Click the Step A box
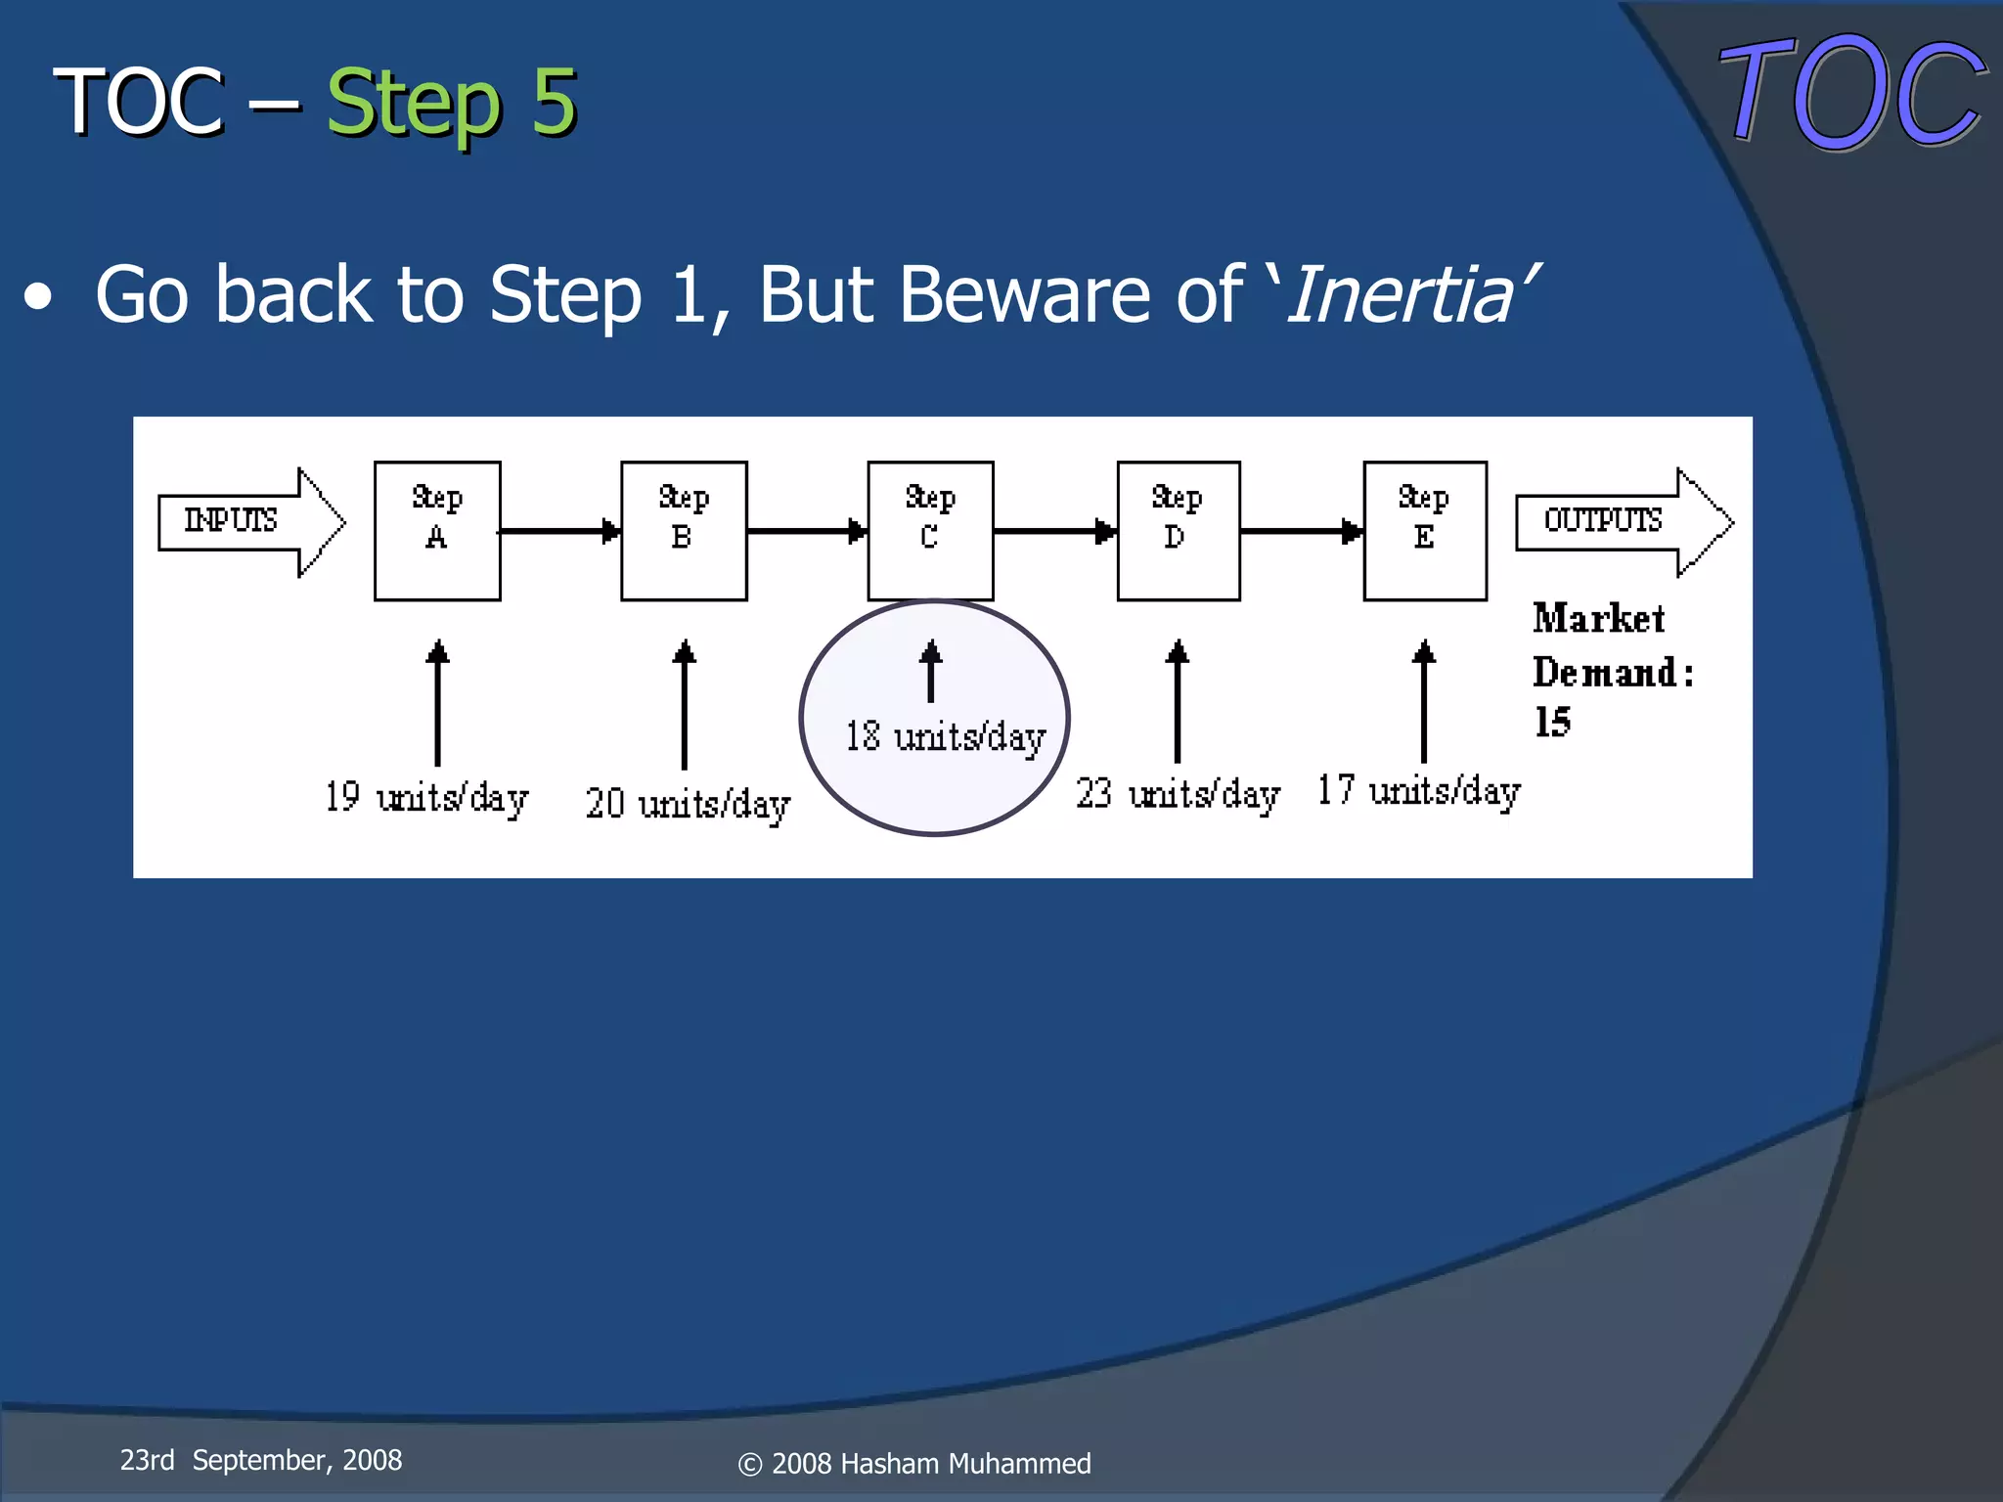(x=437, y=531)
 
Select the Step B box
(x=684, y=531)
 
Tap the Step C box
(x=930, y=531)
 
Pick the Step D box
(x=1179, y=531)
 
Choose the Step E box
(x=1425, y=531)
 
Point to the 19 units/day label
(x=426, y=798)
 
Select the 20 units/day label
(x=688, y=805)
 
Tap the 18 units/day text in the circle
(x=945, y=737)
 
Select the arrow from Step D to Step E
(x=1302, y=531)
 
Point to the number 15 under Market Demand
(x=1552, y=723)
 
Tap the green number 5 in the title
(x=554, y=102)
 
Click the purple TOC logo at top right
(x=1851, y=93)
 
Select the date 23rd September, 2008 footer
(x=261, y=1460)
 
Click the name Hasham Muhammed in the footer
(x=964, y=1464)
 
